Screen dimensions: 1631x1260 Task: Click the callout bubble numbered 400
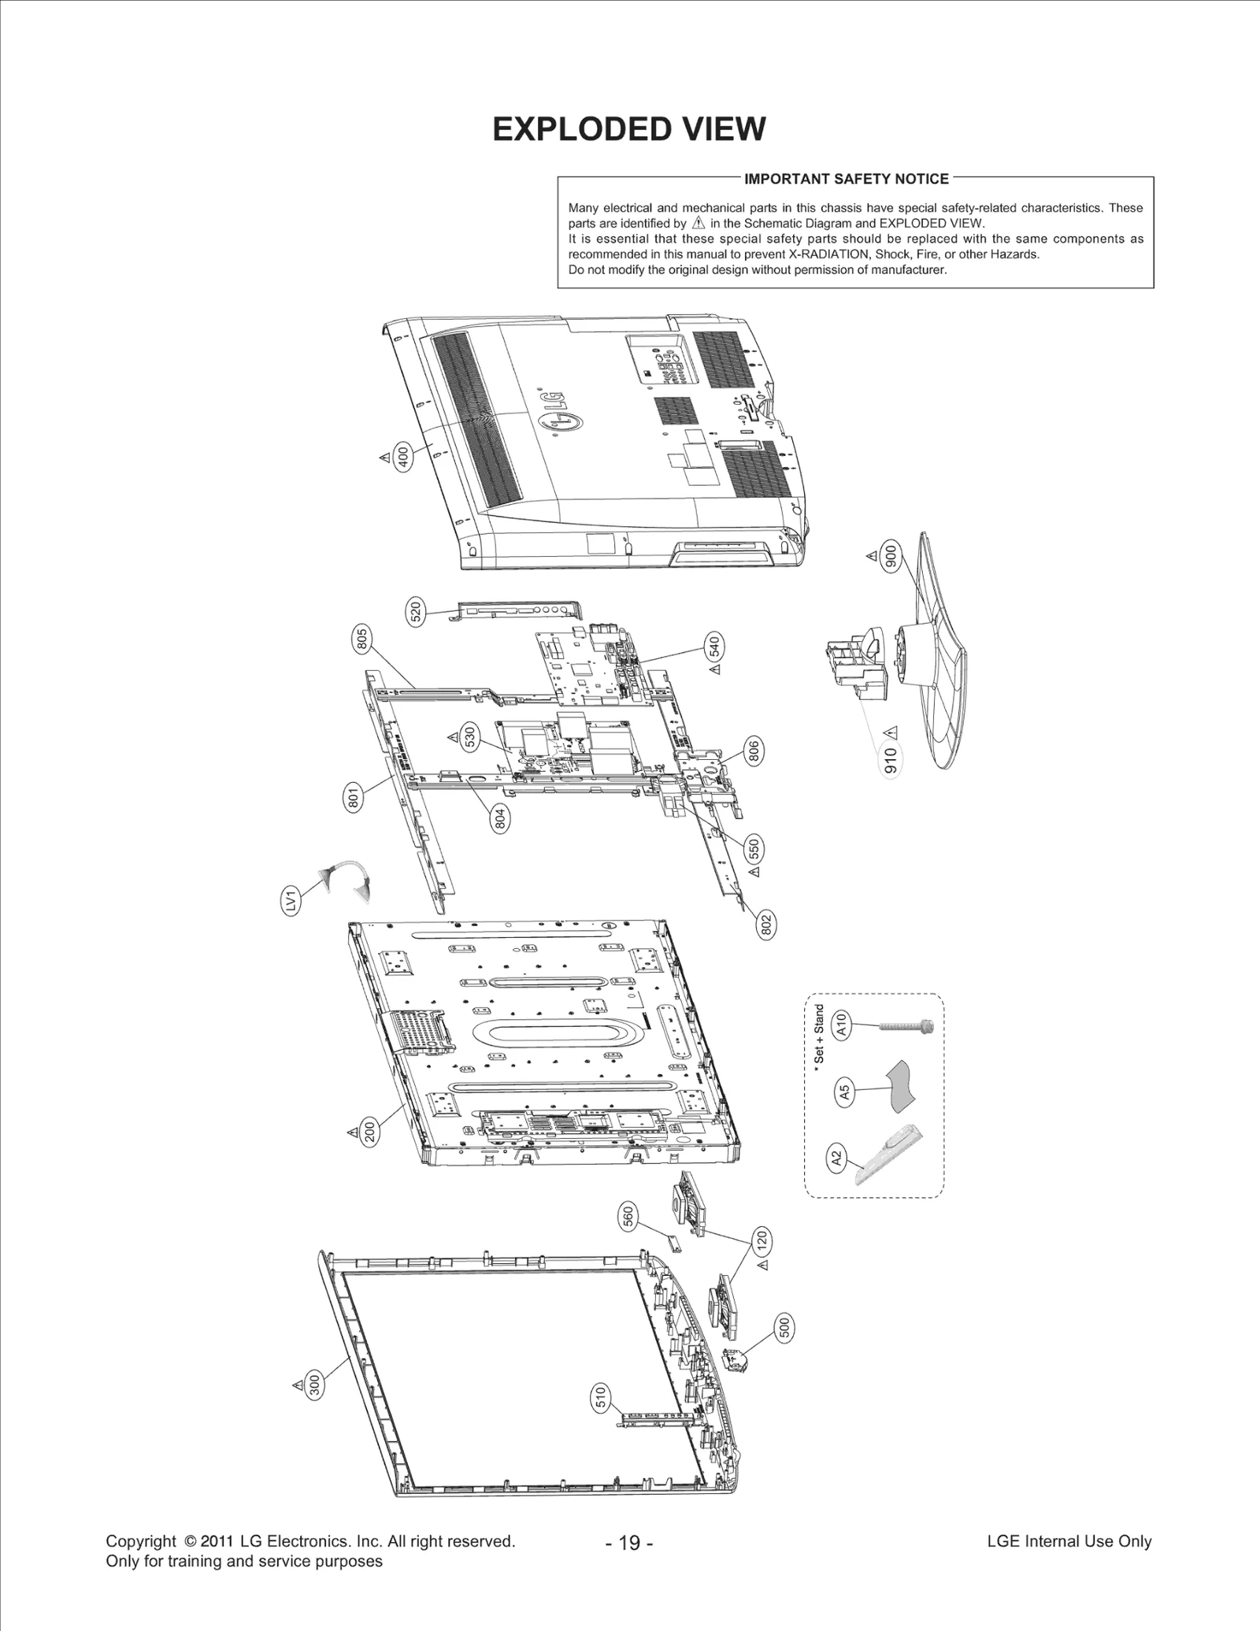403,456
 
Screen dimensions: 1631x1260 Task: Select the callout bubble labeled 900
891,557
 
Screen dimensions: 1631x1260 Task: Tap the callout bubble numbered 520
416,611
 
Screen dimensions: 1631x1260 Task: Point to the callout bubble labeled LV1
292,899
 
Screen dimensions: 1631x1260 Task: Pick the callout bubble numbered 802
766,922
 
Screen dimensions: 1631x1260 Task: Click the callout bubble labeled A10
840,1025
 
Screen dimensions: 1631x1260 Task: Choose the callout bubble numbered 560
628,1217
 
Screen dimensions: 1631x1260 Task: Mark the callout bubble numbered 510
600,1398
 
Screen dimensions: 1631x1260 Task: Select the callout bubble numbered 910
891,761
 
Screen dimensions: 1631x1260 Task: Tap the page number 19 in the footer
629,1543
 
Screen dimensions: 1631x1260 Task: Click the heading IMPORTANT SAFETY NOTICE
847,179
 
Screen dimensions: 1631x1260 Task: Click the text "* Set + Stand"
819,1034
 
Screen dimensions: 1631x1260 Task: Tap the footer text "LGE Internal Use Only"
1069,1541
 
